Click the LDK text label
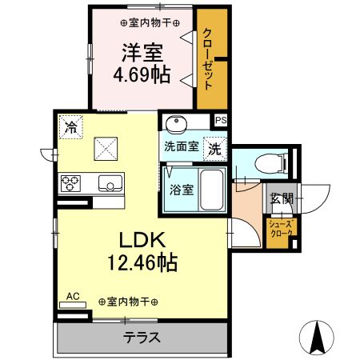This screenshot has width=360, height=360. coord(142,241)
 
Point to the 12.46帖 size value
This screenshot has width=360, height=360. coord(142,261)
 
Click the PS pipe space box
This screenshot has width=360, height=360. coord(221,120)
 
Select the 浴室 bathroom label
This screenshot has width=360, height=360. coord(180,190)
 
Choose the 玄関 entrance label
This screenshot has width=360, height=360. coord(280,198)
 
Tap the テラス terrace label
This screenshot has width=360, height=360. coord(142,337)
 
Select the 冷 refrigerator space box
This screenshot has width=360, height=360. coord(72,127)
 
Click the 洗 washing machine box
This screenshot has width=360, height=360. coord(215,147)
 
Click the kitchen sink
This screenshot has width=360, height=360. coord(110,182)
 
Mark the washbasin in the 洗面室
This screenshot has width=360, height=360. coord(177,123)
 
